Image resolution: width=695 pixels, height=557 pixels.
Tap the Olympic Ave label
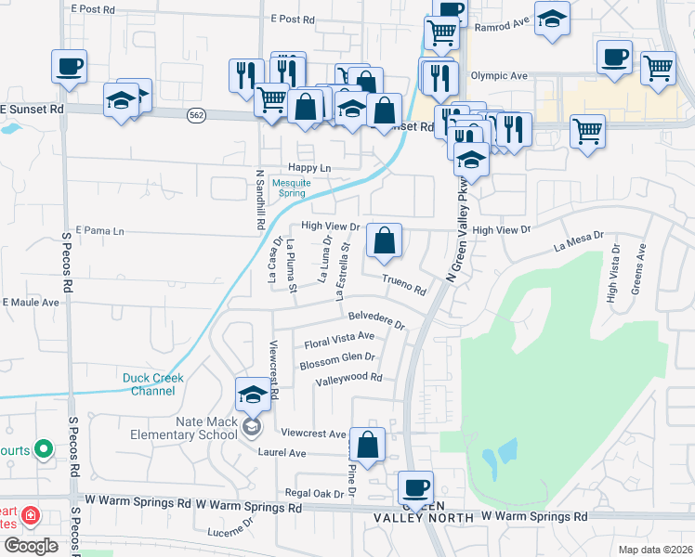(499, 76)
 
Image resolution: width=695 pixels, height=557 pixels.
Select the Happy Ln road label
(309, 168)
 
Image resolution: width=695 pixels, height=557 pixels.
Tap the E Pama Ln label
(99, 229)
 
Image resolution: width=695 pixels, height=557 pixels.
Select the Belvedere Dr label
(377, 319)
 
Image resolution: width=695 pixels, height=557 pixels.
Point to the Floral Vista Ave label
(339, 341)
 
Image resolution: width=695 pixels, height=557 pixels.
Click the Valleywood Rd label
(348, 379)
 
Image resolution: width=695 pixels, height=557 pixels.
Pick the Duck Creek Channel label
(153, 384)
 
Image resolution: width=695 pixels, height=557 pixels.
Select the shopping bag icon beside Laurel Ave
(368, 445)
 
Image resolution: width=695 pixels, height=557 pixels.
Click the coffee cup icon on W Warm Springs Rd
(415, 487)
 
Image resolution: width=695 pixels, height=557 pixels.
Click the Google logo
(31, 546)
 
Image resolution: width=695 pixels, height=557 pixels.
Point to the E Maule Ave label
(31, 303)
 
